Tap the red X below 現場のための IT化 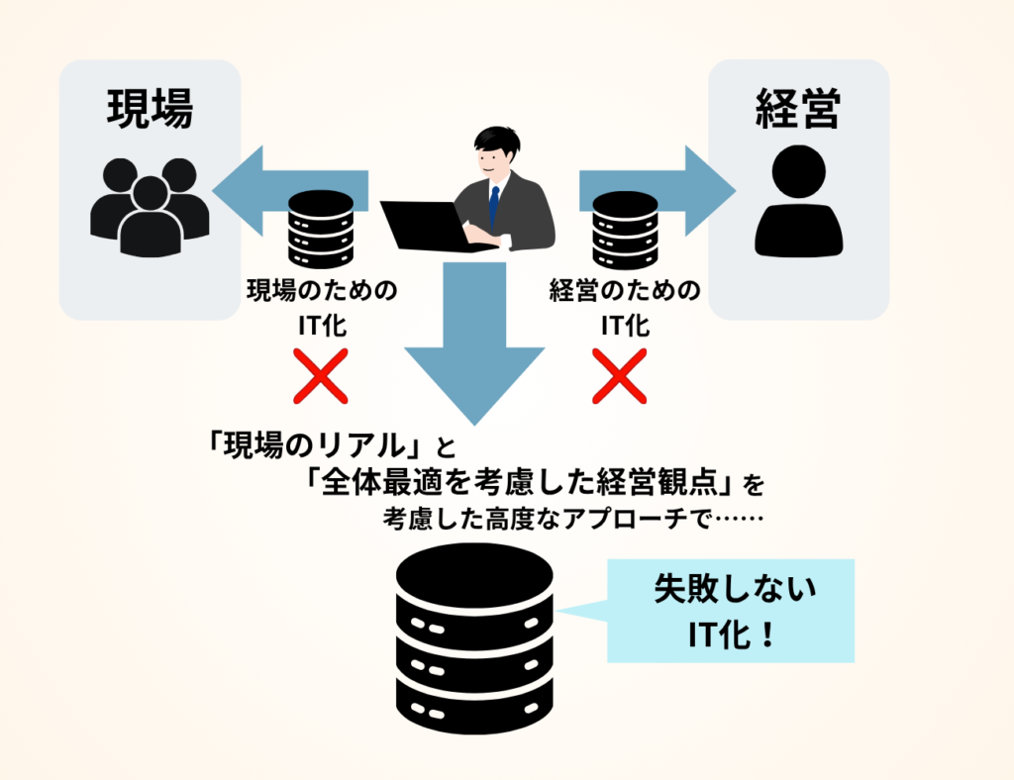[x=320, y=375]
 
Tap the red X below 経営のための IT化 [x=619, y=375]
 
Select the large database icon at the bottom [x=473, y=643]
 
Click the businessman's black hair [x=496, y=139]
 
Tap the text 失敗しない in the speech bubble [x=734, y=592]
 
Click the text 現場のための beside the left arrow [x=320, y=291]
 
